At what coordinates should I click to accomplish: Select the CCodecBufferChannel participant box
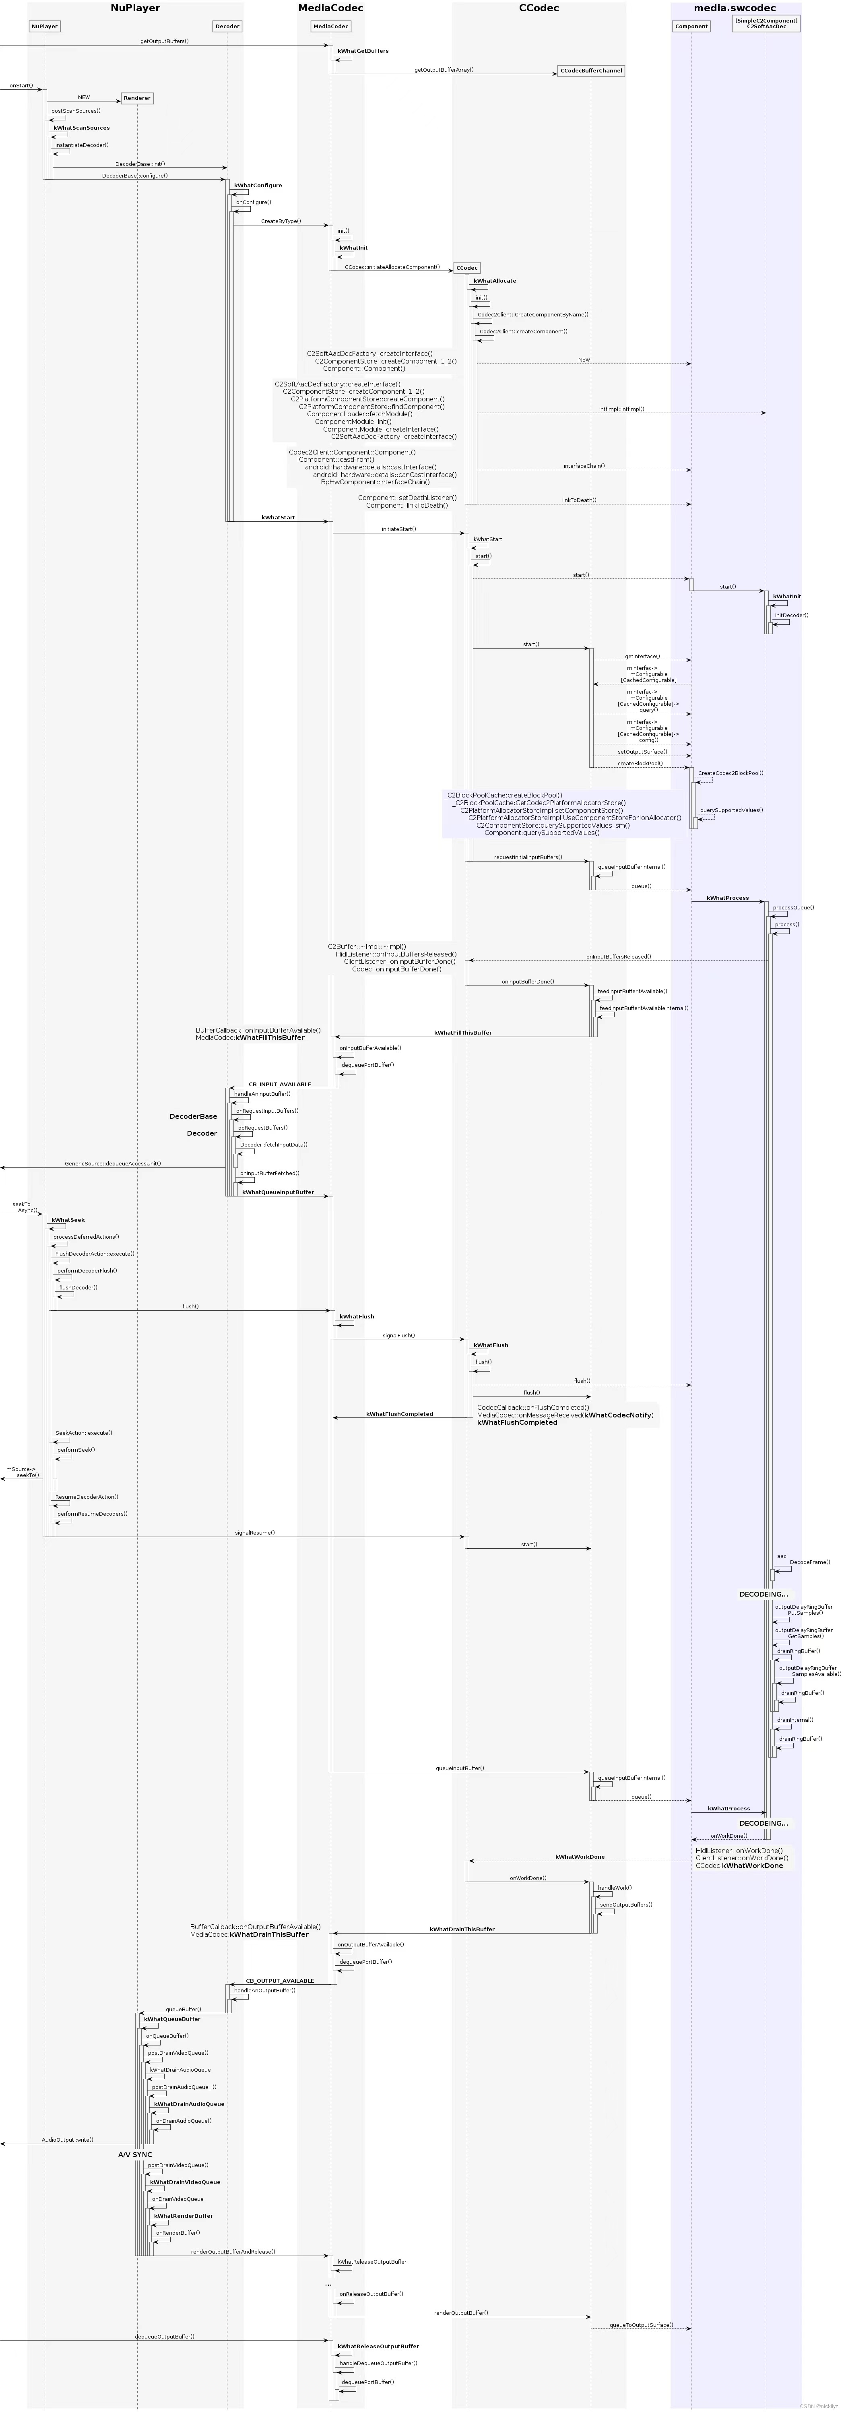[x=591, y=70]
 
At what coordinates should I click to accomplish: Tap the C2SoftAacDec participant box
[x=766, y=23]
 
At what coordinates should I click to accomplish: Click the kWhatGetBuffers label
[x=363, y=51]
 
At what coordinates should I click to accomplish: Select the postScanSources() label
[x=76, y=111]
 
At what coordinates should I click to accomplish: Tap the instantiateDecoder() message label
[x=81, y=145]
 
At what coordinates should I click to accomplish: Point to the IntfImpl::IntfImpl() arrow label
[x=621, y=409]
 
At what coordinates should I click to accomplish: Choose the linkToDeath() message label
[x=579, y=500]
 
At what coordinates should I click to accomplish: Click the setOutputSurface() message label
[x=642, y=751]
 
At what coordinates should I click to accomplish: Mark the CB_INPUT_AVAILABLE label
[x=279, y=1084]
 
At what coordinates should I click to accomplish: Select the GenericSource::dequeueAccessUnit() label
[x=112, y=1163]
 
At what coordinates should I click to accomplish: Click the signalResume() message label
[x=255, y=1533]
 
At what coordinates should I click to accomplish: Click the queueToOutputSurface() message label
[x=641, y=2325]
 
